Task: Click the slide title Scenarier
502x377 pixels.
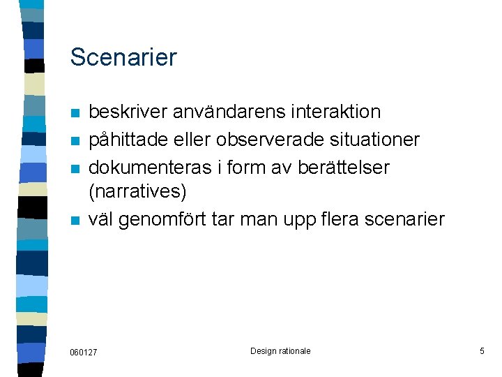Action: pos(123,57)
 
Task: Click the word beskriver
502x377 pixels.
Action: pos(130,112)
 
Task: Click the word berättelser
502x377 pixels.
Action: pos(344,168)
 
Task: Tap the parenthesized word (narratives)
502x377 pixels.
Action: pos(138,190)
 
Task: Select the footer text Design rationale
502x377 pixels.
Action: pos(280,351)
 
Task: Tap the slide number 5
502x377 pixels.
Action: pos(482,351)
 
